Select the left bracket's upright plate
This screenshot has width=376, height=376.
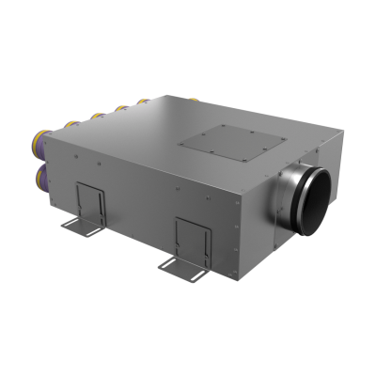point(90,200)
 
